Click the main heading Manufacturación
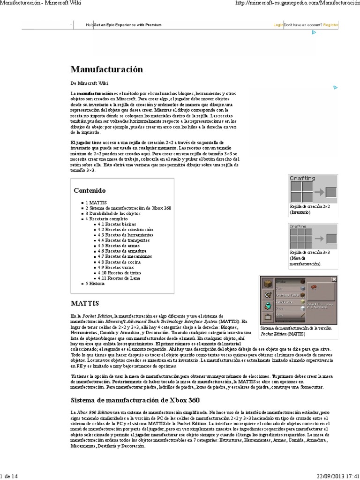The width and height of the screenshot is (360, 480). point(106,69)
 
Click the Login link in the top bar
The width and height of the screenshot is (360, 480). point(278,25)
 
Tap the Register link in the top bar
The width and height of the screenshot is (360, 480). point(331,25)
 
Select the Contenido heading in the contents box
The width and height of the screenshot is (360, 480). point(90,191)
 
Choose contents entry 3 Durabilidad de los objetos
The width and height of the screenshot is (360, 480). point(112,213)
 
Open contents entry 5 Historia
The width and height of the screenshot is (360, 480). point(95,284)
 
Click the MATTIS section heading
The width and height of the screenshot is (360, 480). point(85,303)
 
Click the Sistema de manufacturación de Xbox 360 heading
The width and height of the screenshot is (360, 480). point(135,400)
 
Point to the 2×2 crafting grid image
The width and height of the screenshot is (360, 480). point(313,189)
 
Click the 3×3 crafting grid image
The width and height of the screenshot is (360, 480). point(313,236)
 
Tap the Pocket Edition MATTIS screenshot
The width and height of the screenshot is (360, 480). point(299,300)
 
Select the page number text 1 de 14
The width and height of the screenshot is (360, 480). point(10,476)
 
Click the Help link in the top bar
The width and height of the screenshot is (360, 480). point(90,25)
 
